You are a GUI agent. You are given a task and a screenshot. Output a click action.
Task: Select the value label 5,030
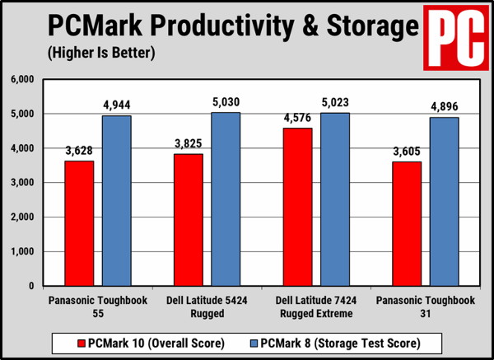tap(225, 102)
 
